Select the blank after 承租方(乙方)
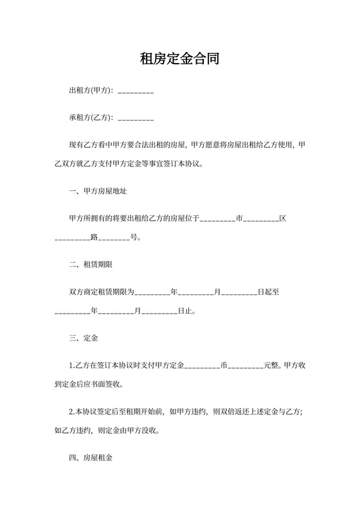(136, 119)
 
